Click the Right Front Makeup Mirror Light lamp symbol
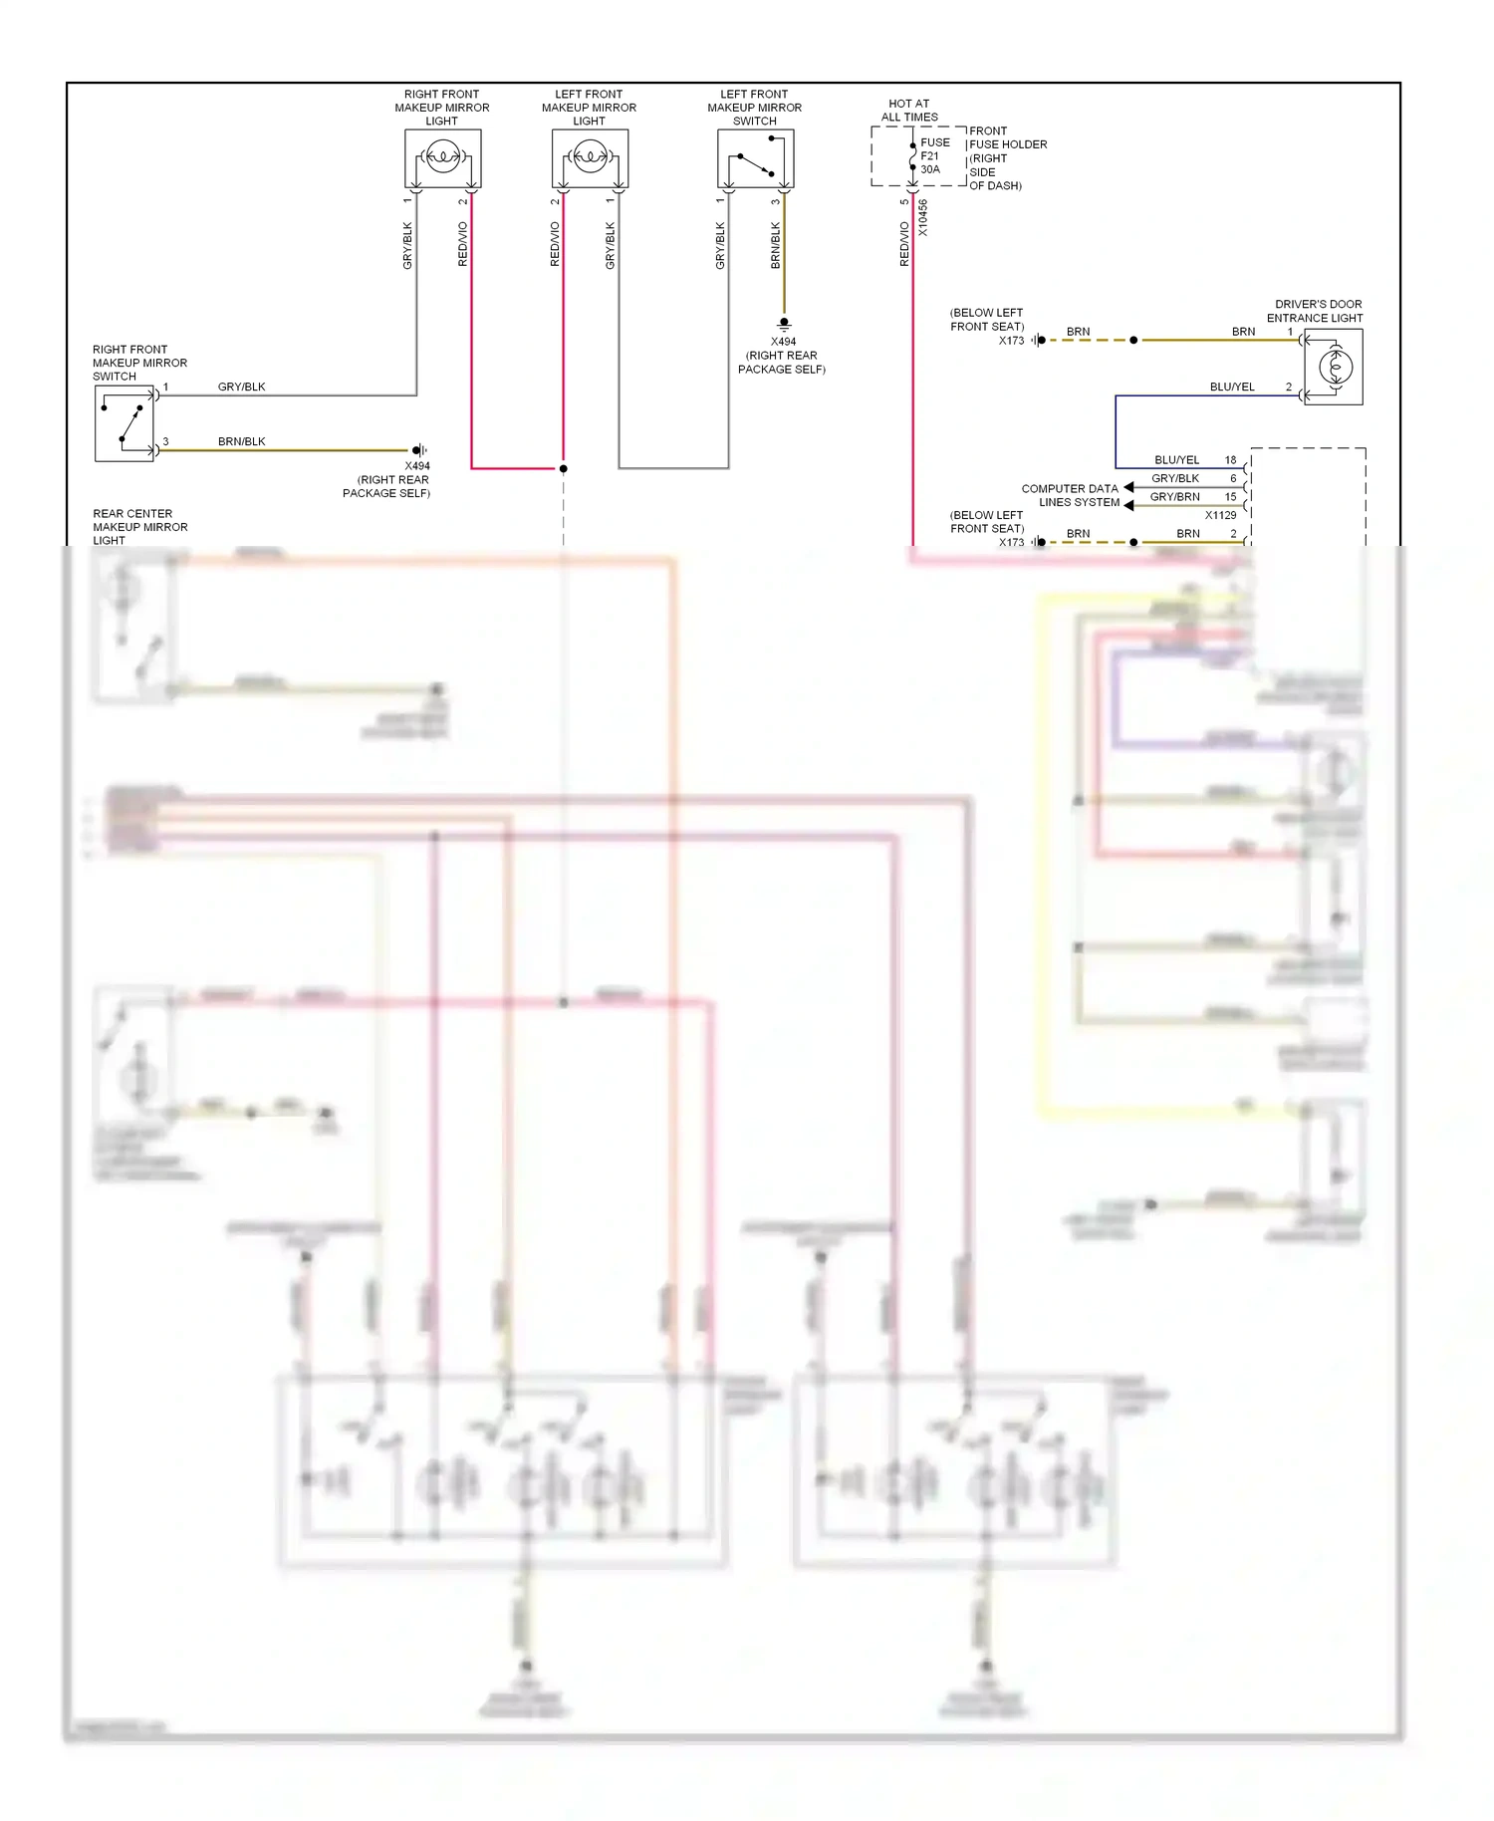442,157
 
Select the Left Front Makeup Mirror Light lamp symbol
590,157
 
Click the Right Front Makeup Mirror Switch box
124,423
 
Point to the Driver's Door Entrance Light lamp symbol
1334,368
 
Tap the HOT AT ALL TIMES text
909,110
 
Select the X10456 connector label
923,218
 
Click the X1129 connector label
1220,515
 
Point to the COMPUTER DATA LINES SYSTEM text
1071,495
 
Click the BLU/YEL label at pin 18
1176,460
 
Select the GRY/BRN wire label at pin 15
1174,496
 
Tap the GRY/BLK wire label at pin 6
1175,478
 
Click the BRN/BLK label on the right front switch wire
241,441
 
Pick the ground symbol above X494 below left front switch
784,324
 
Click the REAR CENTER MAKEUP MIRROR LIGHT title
139,527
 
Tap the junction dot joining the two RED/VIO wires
564,468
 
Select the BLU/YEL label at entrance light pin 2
1232,387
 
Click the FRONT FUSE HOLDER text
1007,137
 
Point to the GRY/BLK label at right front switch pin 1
241,387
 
